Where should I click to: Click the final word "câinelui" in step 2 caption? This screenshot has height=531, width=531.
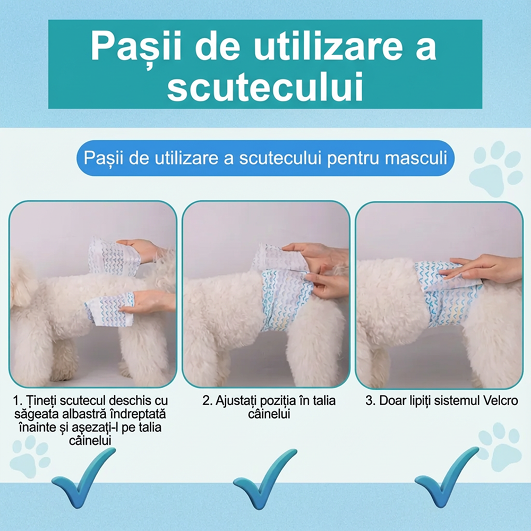[269, 414]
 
